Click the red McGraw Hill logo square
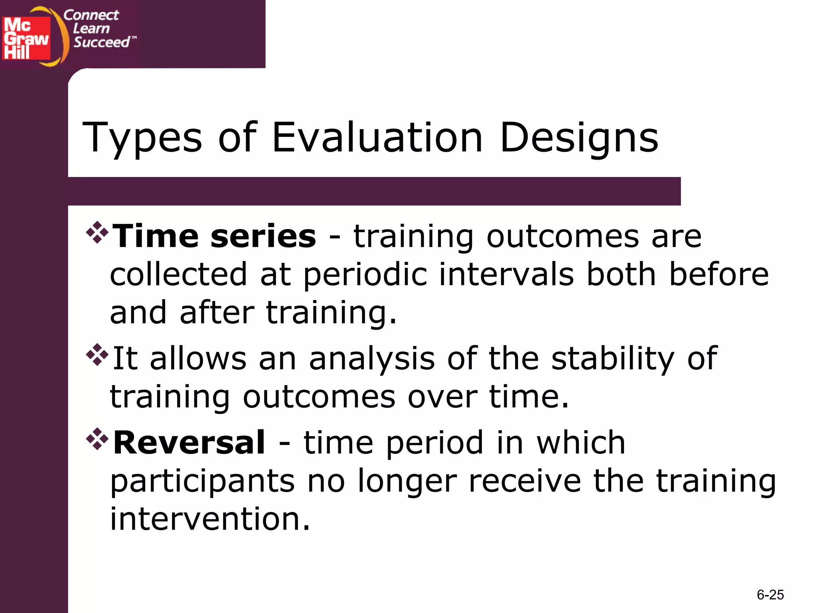pos(26,38)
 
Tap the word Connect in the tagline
pos(91,15)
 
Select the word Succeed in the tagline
pos(102,42)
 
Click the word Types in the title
pos(142,138)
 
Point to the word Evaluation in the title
pos(377,138)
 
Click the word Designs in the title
pos(579,138)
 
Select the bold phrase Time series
pos(215,236)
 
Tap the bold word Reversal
pos(189,443)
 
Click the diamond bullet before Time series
pos(97,232)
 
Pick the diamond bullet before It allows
pos(97,354)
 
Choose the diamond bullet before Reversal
pos(97,439)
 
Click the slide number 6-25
pos(770,595)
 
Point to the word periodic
pos(365,275)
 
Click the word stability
pos(613,358)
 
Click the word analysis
pos(371,359)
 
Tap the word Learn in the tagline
pos(91,29)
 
